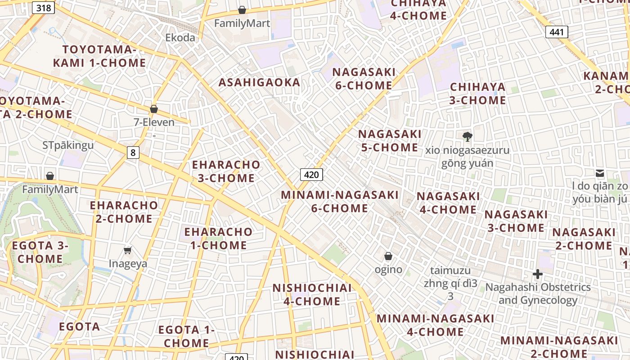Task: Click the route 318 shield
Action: [44, 8]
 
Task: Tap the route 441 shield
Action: [557, 32]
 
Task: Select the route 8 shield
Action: [132, 153]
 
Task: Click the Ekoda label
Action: [180, 37]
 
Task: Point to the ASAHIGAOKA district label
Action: [259, 82]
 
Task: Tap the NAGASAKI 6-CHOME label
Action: [364, 79]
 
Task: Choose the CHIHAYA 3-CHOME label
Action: [477, 94]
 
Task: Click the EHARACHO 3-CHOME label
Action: [226, 171]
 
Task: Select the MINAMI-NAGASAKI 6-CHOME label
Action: [340, 202]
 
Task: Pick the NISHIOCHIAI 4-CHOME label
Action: [312, 295]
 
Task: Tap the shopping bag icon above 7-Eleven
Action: [154, 109]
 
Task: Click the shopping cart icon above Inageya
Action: [128, 250]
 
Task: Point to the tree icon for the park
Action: [468, 136]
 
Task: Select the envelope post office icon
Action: [599, 173]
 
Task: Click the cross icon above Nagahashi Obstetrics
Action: [537, 274]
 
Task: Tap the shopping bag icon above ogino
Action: [388, 256]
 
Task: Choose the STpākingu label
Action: [68, 145]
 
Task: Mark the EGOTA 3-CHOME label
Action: [40, 252]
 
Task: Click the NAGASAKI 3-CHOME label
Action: [516, 221]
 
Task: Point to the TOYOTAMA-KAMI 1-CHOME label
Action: [99, 56]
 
